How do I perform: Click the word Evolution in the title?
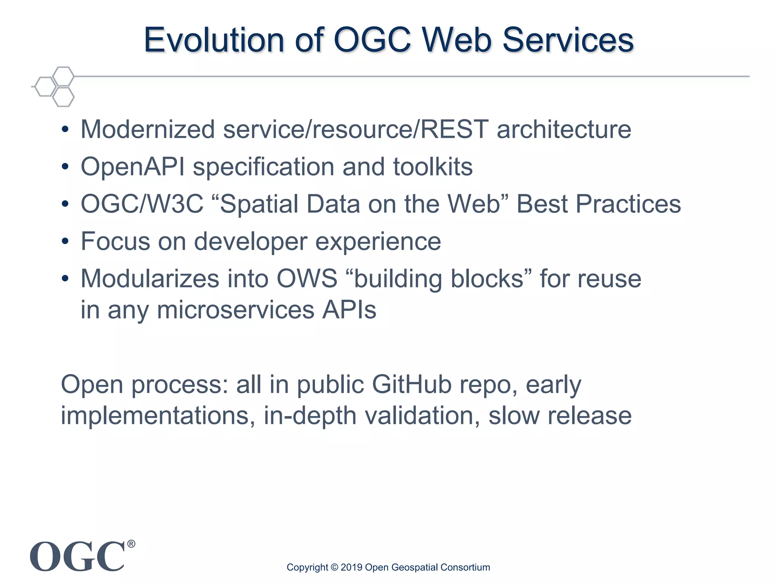(x=214, y=40)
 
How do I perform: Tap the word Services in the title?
(x=568, y=40)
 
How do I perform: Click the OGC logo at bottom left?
(x=77, y=556)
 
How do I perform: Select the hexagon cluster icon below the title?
(x=55, y=87)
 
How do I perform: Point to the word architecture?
(x=564, y=129)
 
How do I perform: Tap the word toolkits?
(x=433, y=167)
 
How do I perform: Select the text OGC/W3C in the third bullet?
(x=142, y=204)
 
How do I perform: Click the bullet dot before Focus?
(x=65, y=241)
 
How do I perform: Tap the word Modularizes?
(x=150, y=279)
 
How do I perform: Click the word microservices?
(x=235, y=310)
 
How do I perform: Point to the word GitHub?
(x=412, y=384)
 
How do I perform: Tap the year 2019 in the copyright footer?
(x=351, y=567)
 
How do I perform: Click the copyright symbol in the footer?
(x=334, y=567)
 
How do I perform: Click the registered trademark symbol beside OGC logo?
(x=131, y=544)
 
